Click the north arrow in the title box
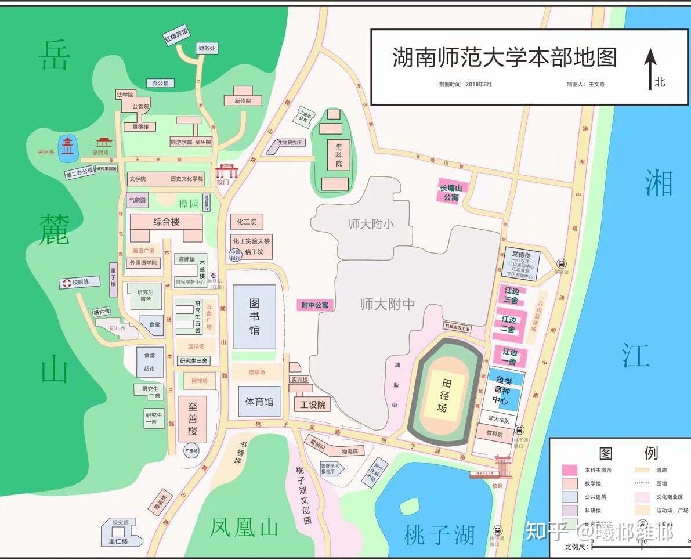coord(650,68)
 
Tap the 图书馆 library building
coord(254,316)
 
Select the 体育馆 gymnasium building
coord(259,402)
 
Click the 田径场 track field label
coord(443,395)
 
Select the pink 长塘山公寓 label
coord(451,192)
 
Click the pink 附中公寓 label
coord(315,305)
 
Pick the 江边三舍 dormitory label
coord(511,295)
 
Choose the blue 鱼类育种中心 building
coord(501,389)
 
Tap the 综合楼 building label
coord(166,222)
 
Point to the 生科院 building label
coord(338,156)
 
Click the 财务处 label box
coord(206,49)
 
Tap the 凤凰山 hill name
coord(244,528)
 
